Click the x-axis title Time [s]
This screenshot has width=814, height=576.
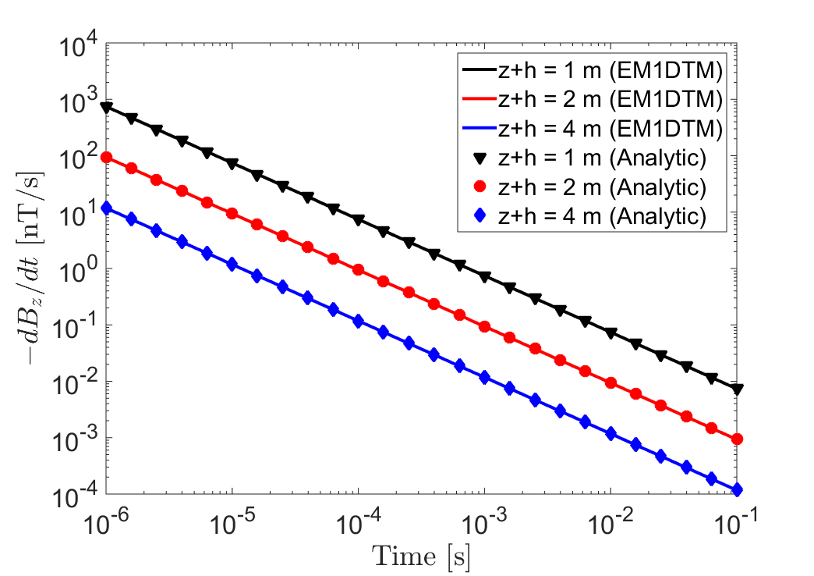[x=421, y=556]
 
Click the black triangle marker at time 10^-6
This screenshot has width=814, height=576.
[x=106, y=108]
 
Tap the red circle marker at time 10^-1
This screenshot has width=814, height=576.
[x=737, y=439]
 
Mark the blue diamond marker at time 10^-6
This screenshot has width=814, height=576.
[x=106, y=208]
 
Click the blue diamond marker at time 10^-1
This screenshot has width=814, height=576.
[x=737, y=490]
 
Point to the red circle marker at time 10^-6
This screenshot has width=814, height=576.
[x=106, y=158]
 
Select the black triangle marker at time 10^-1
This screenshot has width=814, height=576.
[x=737, y=389]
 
